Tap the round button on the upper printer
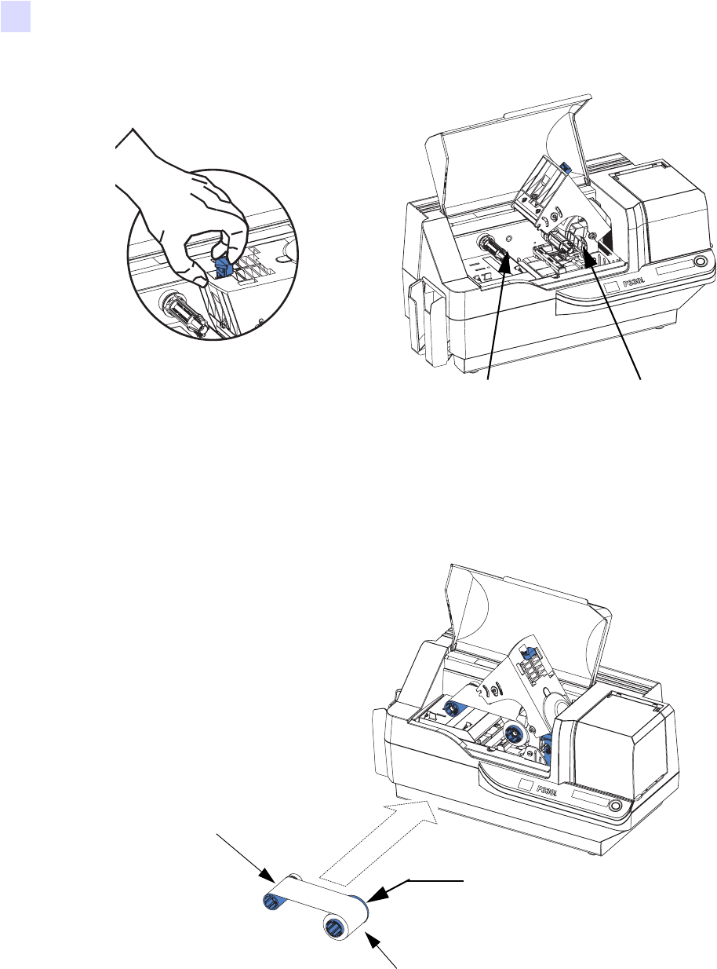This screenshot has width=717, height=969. [x=700, y=261]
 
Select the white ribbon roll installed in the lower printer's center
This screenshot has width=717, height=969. [x=511, y=734]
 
